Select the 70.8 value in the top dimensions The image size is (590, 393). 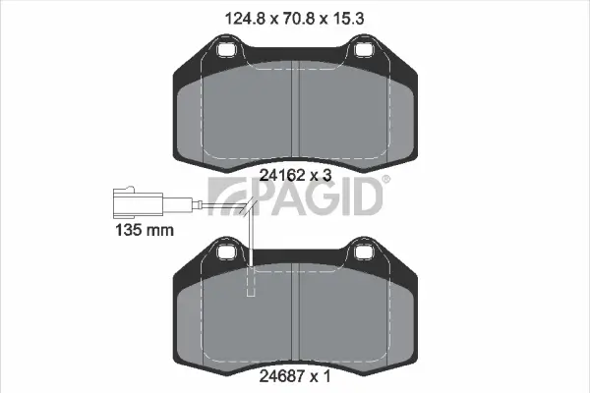coord(296,15)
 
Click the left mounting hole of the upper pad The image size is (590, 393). coord(227,47)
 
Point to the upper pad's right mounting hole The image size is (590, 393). coord(365,47)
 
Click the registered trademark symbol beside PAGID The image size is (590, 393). coord(384,179)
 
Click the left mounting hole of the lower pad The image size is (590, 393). coord(227,253)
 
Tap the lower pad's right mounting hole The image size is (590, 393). coord(365,253)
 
